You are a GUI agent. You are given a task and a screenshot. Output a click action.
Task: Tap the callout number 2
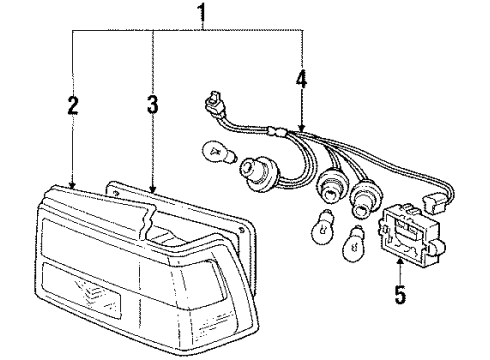[x=72, y=107]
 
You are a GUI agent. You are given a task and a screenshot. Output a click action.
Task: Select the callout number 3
[x=151, y=106]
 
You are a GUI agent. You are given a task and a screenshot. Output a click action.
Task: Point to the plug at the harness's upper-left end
[x=213, y=102]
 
